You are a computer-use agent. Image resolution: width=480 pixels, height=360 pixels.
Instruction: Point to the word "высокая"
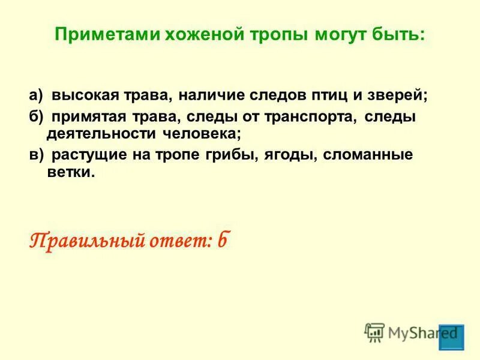80,96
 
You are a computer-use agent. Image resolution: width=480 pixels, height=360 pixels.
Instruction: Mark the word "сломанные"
368,154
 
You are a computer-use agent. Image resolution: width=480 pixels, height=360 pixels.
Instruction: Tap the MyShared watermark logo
414,331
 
